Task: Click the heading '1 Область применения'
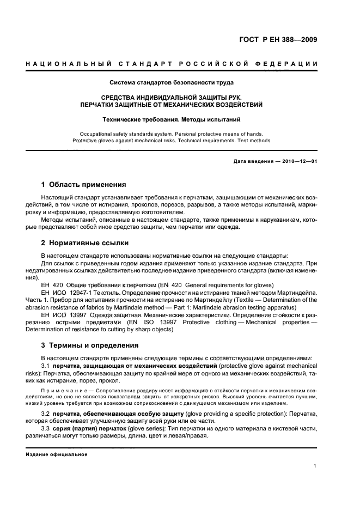(84, 184)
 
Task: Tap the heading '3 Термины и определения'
(90, 345)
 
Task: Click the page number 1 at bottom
(315, 466)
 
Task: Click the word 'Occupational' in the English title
(97, 133)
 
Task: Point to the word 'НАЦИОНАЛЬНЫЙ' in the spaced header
(61, 65)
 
